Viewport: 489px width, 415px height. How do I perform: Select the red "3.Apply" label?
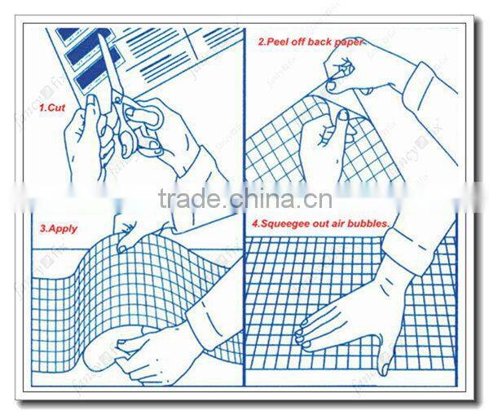[57, 229]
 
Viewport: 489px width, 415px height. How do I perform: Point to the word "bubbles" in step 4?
[390, 222]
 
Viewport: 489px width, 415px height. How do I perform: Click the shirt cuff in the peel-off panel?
[424, 82]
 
